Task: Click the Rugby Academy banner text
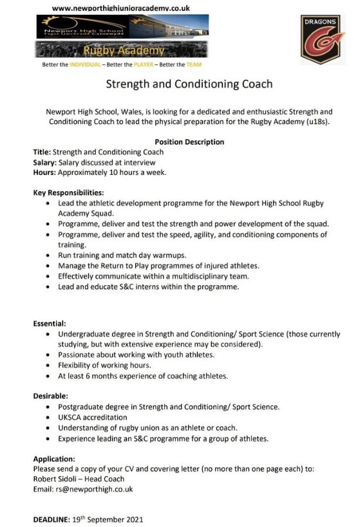pyautogui.click(x=123, y=50)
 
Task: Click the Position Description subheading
pyautogui.click(x=189, y=142)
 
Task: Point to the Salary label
pyautogui.click(x=44, y=162)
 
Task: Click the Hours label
pyautogui.click(x=44, y=172)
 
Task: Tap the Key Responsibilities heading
pyautogui.click(x=68, y=192)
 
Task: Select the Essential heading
pyautogui.click(x=50, y=324)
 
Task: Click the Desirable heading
pyautogui.click(x=50, y=396)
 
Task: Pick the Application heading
pyautogui.click(x=54, y=459)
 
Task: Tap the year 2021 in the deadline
pyautogui.click(x=133, y=519)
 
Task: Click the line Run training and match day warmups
pyautogui.click(x=122, y=255)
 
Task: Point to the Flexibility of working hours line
pyautogui.click(x=104, y=365)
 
